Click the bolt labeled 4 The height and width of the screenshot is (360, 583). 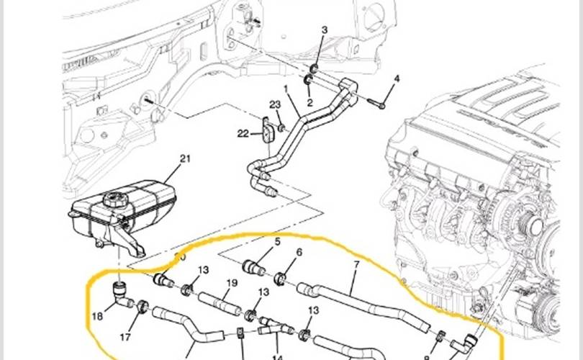click(x=397, y=78)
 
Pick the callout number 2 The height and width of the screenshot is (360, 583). click(x=309, y=103)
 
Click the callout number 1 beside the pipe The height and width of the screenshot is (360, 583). click(x=285, y=91)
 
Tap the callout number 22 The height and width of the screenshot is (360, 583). click(x=243, y=133)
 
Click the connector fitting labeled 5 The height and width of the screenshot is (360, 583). click(x=256, y=267)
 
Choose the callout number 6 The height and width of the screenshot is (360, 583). click(x=299, y=253)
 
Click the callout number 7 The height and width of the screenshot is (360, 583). click(x=355, y=266)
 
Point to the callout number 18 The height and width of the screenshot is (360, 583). click(x=97, y=315)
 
